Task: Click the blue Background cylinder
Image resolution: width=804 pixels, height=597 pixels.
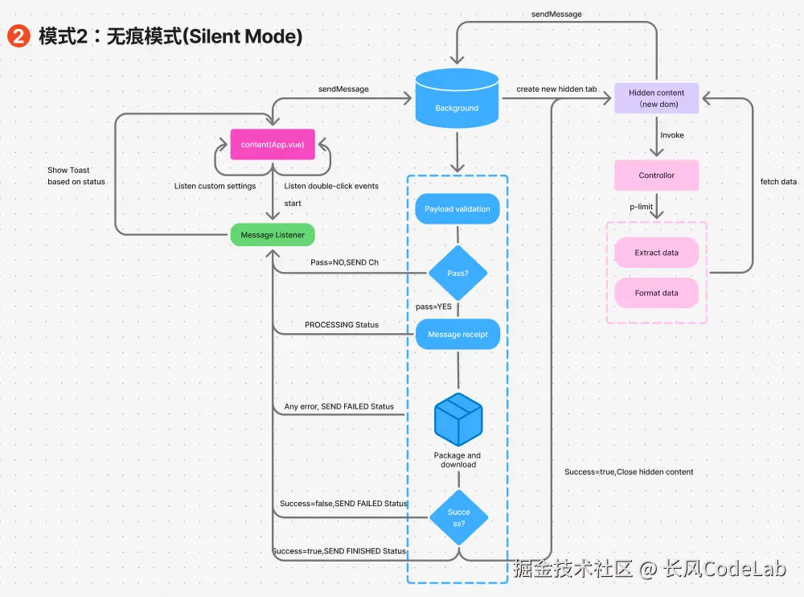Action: [457, 100]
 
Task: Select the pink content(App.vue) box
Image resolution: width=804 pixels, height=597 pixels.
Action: [272, 145]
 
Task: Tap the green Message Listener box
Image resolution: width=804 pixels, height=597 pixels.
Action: [273, 235]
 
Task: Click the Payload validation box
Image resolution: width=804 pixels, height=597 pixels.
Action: [457, 209]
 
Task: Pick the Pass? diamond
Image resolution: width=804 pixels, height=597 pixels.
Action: [457, 274]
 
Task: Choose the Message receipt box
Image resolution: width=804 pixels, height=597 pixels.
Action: [457, 334]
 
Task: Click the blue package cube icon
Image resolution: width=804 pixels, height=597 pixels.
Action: [458, 419]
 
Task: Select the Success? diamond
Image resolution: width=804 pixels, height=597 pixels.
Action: [458, 517]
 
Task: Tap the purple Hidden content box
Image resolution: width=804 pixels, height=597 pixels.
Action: [657, 98]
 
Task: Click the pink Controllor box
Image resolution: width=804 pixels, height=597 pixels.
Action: [657, 175]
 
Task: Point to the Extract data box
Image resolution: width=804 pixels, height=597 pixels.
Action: [657, 253]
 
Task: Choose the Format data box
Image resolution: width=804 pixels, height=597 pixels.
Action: [657, 293]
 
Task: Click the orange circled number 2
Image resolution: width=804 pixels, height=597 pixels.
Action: [18, 37]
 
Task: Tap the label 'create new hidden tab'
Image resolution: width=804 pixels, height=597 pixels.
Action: [556, 89]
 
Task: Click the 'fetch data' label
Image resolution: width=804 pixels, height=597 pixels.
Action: [778, 182]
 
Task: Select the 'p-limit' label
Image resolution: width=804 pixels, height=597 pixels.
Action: [641, 207]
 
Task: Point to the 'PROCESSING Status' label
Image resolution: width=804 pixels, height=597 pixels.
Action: [342, 325]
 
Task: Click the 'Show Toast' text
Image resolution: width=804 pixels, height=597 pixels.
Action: [68, 170]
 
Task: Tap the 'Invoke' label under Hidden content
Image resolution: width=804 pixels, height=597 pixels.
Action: [672, 135]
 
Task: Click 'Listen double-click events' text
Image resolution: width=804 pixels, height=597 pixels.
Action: [331, 186]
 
